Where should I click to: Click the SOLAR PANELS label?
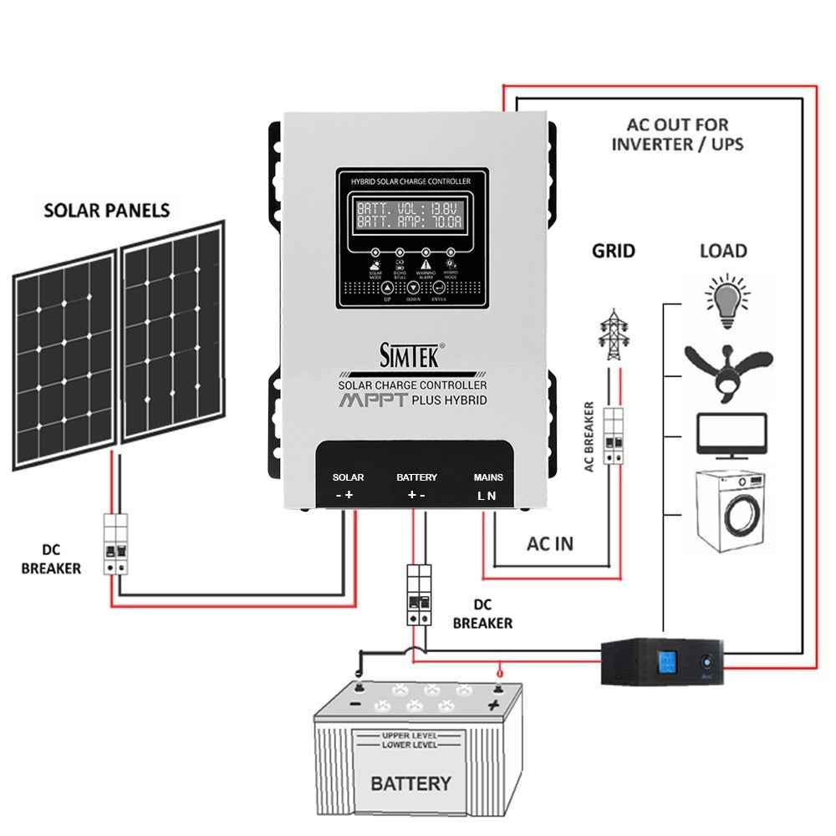click(x=106, y=210)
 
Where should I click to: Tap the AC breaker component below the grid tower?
click(x=614, y=431)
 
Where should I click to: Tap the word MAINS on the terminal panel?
click(x=488, y=477)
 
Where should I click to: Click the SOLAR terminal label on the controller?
click(x=348, y=477)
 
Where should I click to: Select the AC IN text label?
click(x=549, y=543)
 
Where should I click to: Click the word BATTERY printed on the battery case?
click(x=410, y=783)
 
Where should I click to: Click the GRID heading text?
click(x=613, y=251)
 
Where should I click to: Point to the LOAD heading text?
click(x=722, y=251)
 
